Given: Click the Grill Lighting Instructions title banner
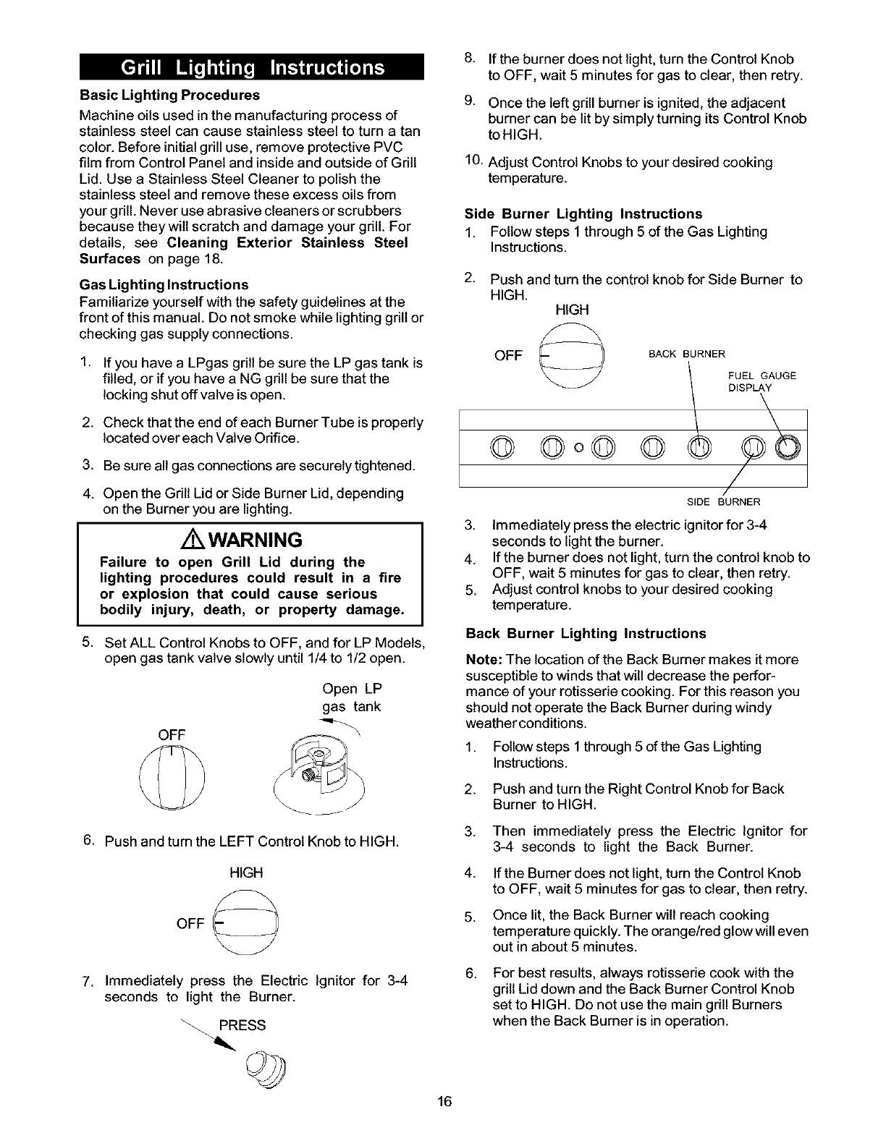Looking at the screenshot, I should (x=252, y=67).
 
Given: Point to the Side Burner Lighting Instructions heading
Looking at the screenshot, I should (x=583, y=213).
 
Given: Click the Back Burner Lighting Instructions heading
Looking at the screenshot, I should (x=586, y=633).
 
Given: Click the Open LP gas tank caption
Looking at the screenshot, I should (x=352, y=697).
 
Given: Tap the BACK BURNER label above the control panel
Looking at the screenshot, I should (x=686, y=354).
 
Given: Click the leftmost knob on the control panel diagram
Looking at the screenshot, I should (x=500, y=449).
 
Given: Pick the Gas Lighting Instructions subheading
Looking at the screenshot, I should (x=164, y=284).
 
